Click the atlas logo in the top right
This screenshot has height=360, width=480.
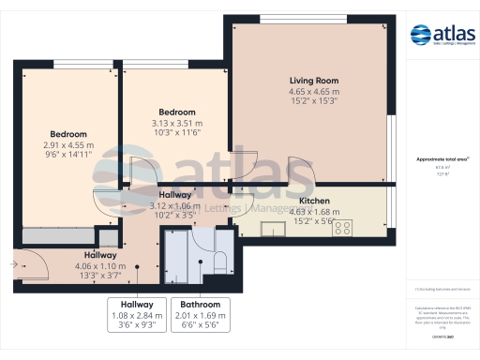(442, 36)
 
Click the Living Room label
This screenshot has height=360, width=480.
(313, 82)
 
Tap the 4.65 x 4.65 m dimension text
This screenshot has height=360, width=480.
(313, 92)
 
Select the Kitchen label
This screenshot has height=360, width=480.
(313, 202)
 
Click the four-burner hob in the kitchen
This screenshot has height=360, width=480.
(342, 226)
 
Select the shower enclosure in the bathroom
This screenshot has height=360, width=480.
(178, 250)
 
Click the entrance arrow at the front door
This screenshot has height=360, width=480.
(14, 264)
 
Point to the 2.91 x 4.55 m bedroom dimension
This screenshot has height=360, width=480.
(68, 145)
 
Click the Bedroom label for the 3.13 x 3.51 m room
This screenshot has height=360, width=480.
(176, 112)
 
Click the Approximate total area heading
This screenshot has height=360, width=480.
(442, 159)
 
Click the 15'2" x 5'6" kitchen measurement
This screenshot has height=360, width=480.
(313, 222)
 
